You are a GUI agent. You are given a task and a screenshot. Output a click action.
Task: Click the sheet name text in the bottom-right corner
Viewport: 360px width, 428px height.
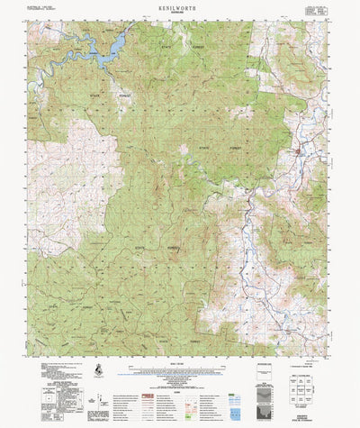(310, 418)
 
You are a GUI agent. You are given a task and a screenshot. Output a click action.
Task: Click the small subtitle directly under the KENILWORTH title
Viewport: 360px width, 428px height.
(180, 12)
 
